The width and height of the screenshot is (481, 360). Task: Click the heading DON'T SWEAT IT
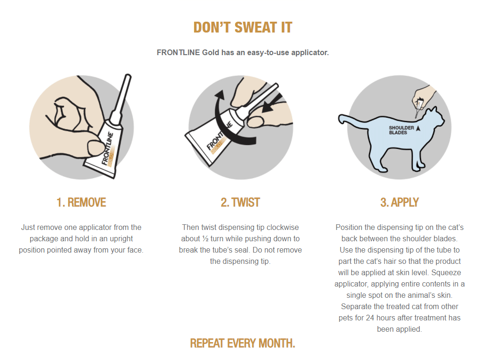(243, 27)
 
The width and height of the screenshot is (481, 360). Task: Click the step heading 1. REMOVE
(82, 203)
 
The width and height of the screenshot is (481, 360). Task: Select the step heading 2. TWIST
(240, 203)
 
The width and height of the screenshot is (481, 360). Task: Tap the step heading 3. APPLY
(399, 203)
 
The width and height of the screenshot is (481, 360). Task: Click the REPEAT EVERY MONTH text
(243, 343)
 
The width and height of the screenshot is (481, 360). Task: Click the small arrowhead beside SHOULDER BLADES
(418, 128)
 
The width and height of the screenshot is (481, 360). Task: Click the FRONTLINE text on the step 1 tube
(107, 148)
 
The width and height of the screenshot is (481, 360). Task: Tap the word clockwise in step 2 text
(283, 228)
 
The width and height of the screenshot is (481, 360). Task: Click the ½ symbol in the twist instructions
(205, 239)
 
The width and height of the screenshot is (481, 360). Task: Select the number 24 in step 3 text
(370, 318)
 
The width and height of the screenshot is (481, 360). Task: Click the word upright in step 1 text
(121, 239)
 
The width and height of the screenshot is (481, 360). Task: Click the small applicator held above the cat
(418, 107)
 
